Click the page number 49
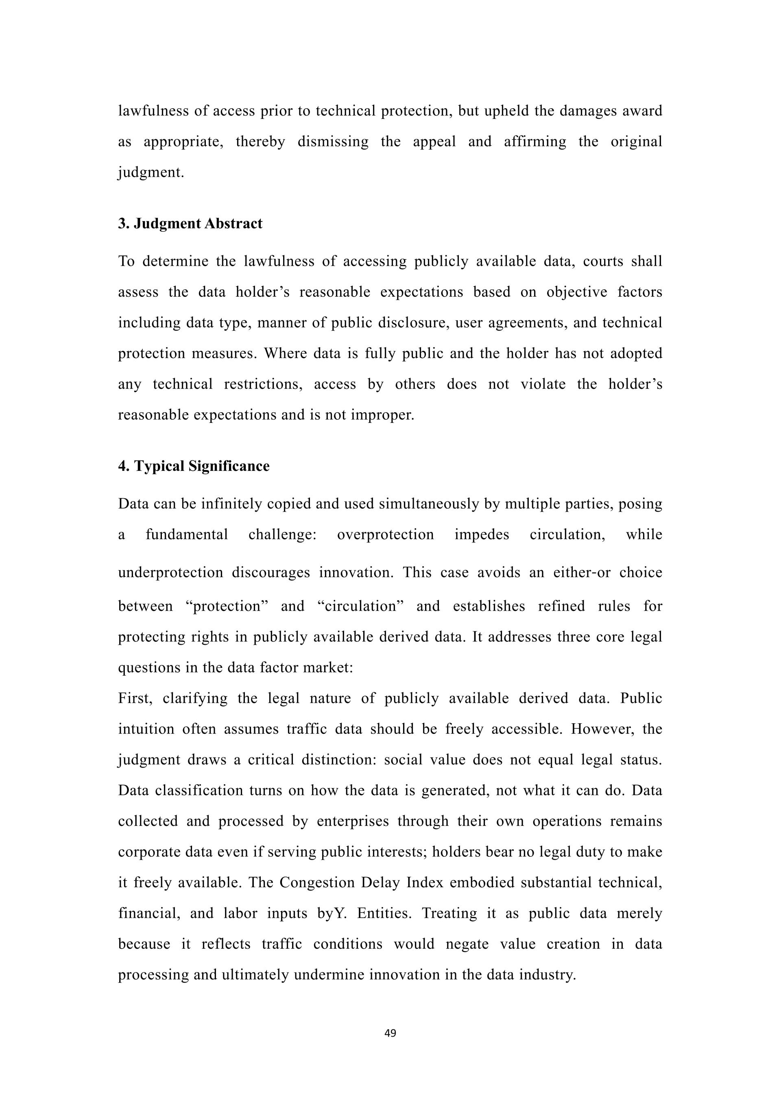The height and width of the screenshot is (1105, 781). click(x=390, y=1033)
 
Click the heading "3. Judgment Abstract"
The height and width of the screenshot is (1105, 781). click(x=190, y=224)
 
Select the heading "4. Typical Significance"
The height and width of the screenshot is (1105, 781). click(x=194, y=466)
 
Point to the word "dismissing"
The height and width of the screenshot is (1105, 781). click(x=333, y=142)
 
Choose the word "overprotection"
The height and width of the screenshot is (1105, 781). click(x=385, y=535)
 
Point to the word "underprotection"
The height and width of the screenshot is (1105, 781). click(x=171, y=573)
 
